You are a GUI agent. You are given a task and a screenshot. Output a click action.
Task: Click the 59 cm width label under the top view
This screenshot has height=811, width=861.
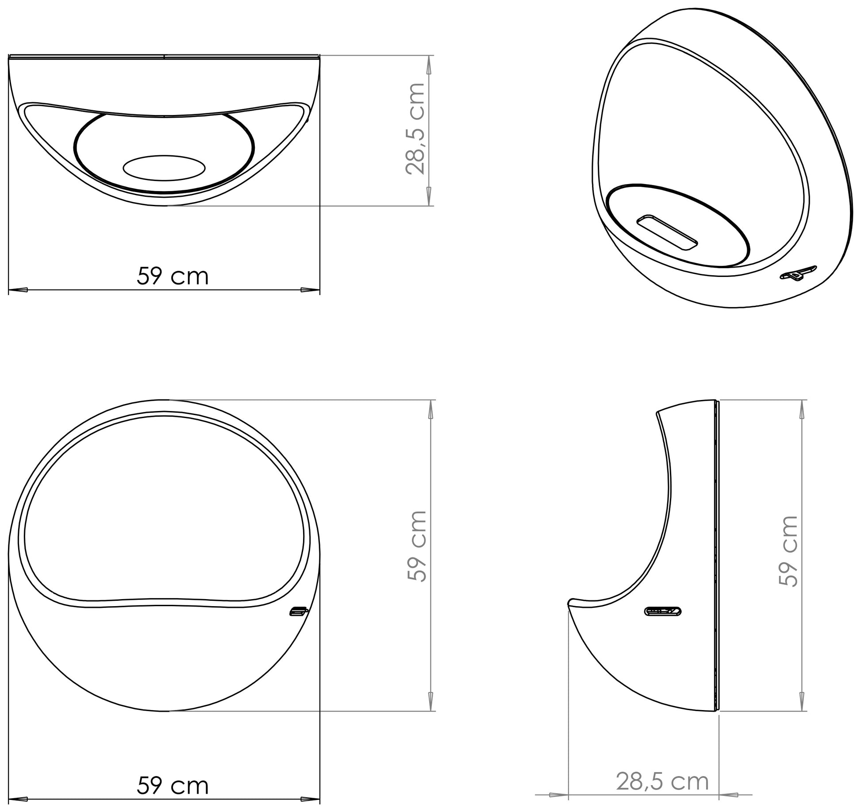pyautogui.click(x=173, y=276)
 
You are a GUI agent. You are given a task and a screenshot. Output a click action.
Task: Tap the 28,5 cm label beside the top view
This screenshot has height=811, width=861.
pyautogui.click(x=415, y=129)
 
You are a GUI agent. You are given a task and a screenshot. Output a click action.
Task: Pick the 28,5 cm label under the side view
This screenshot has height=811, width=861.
pyautogui.click(x=662, y=782)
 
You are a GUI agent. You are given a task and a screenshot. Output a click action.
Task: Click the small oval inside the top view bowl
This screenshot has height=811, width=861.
pyautogui.click(x=164, y=168)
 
